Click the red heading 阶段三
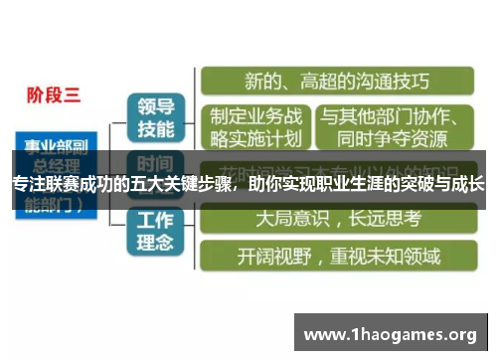(x=54, y=95)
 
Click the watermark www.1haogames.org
(x=390, y=334)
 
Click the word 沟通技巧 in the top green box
(x=389, y=81)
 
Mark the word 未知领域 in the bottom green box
(x=404, y=256)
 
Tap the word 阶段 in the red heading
(x=46, y=95)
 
